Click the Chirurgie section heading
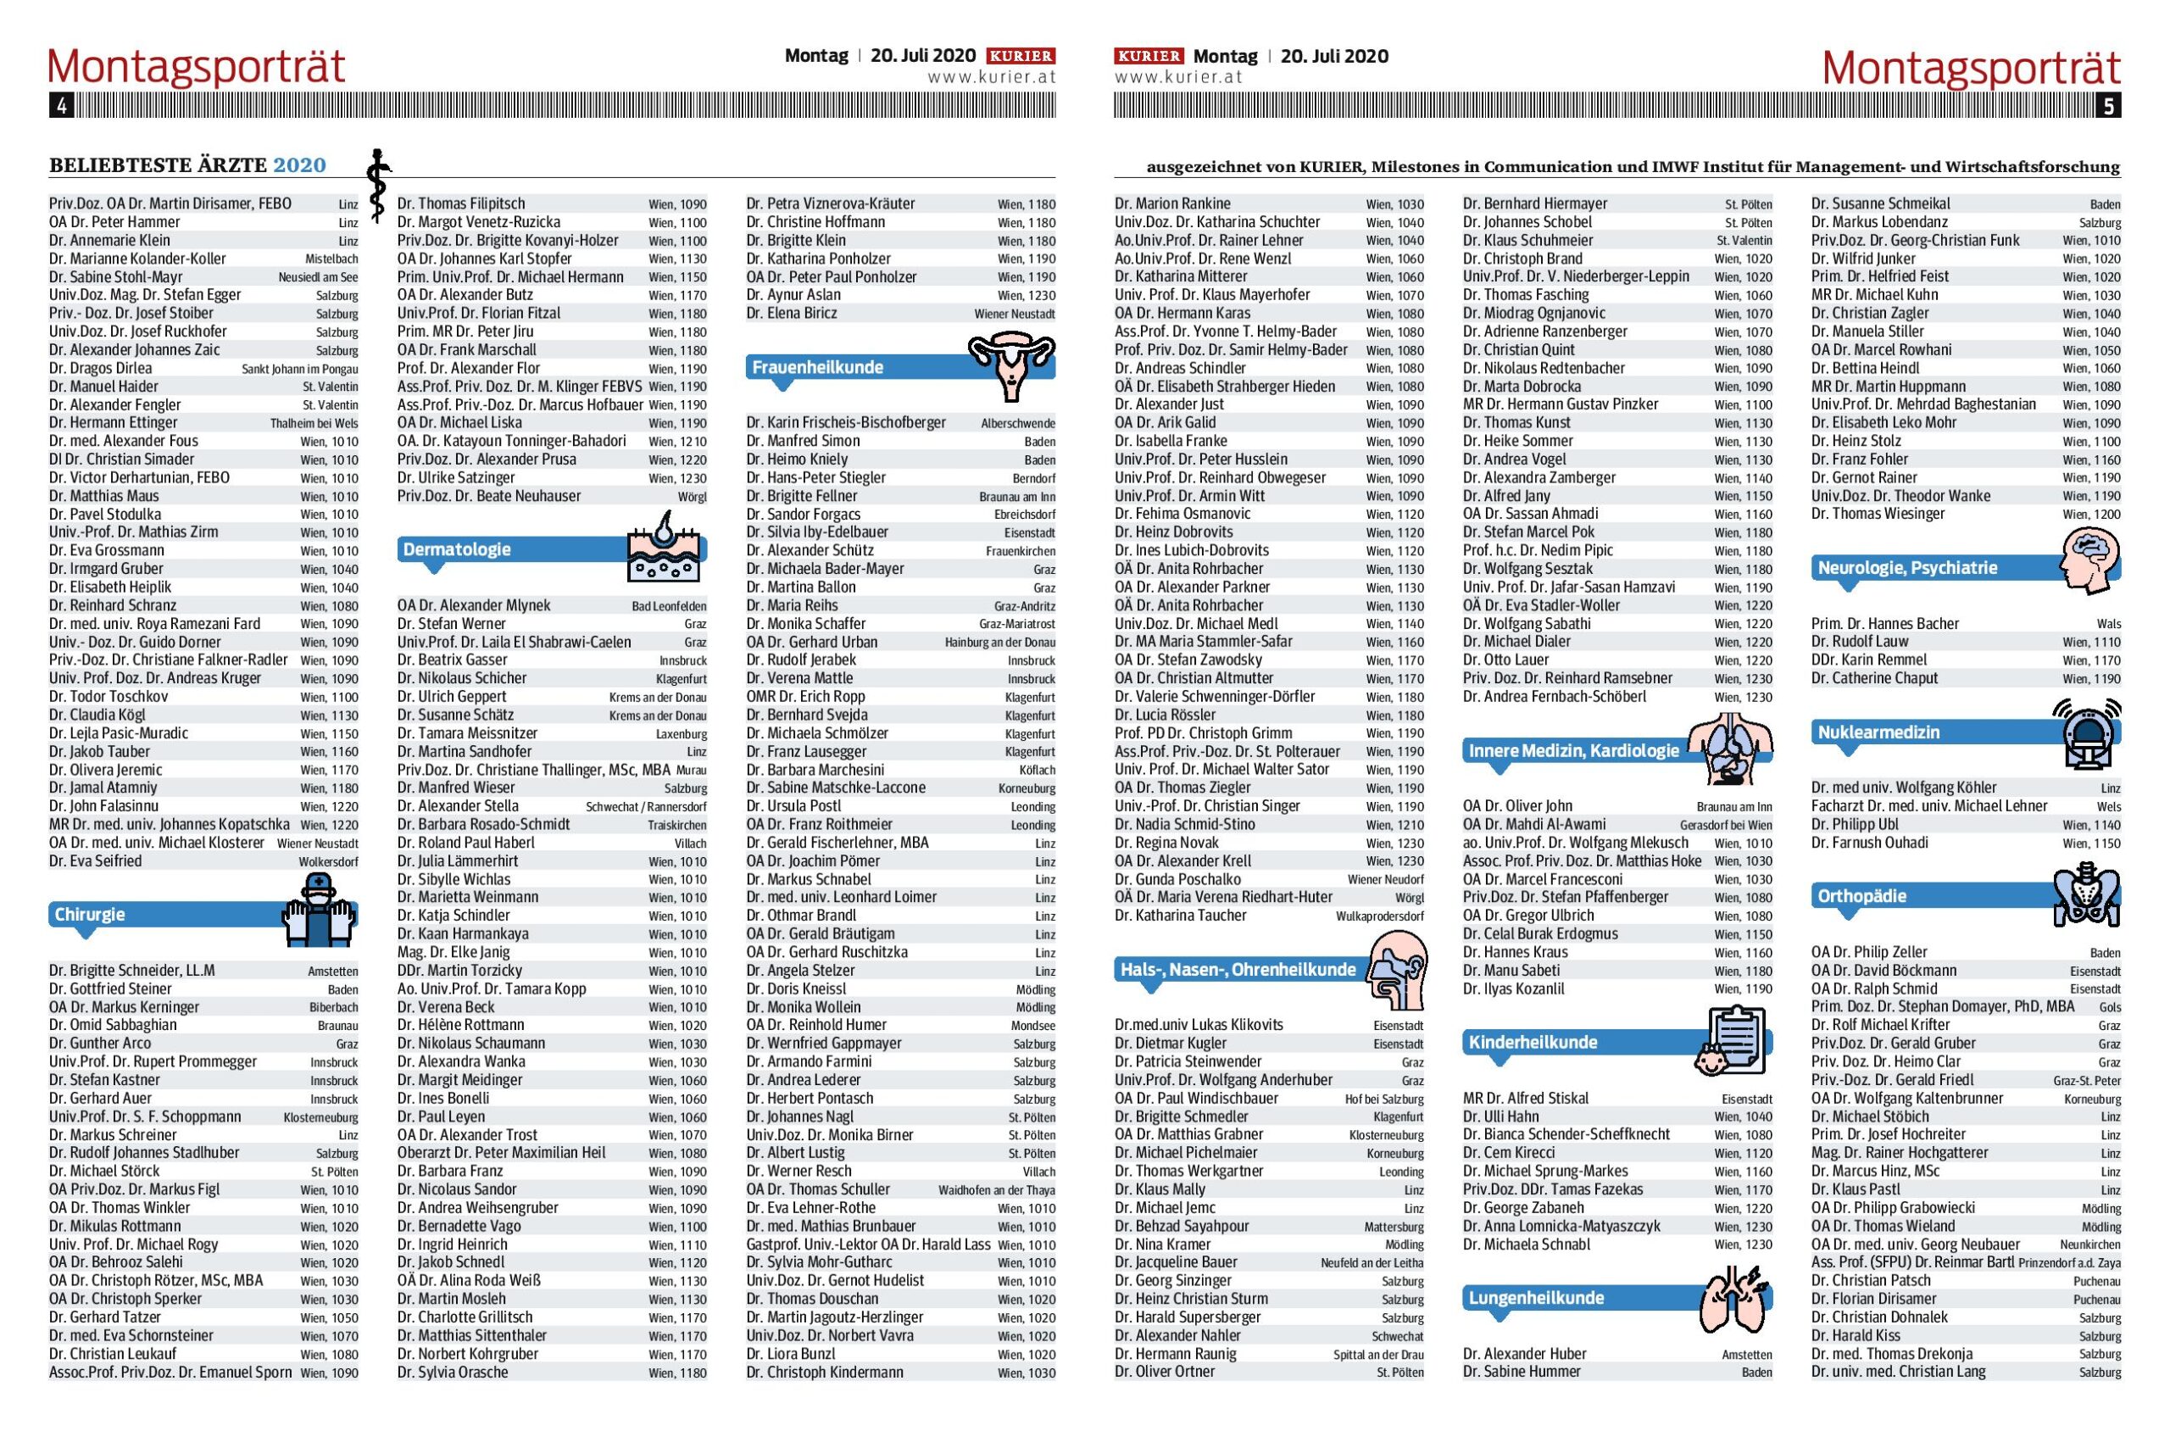coord(90,915)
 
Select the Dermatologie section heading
coord(457,549)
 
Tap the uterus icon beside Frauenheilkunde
coord(1010,365)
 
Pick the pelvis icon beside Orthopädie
coord(2088,895)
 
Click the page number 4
coord(61,106)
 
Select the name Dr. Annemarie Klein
coord(109,240)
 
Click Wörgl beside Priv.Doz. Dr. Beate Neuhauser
coord(692,497)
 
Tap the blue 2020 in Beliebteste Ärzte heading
coord(299,165)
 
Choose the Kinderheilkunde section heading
coord(1533,1042)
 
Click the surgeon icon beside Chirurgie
coord(318,909)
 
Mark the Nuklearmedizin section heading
coord(1878,732)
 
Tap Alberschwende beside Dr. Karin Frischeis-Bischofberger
coord(1017,424)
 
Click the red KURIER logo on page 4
coord(1021,56)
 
